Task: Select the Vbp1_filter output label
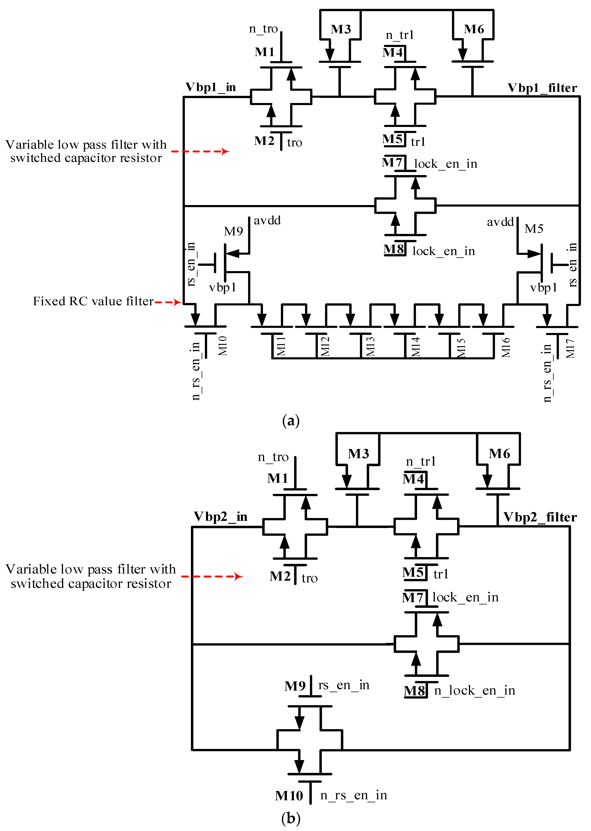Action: [542, 88]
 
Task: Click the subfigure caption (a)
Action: [291, 421]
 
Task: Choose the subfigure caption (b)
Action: [291, 818]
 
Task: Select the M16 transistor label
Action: [506, 347]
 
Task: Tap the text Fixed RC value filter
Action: [93, 301]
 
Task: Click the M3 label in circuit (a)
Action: [341, 29]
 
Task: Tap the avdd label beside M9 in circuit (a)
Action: [267, 221]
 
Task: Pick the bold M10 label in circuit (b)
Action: [289, 796]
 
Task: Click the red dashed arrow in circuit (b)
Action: [212, 576]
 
